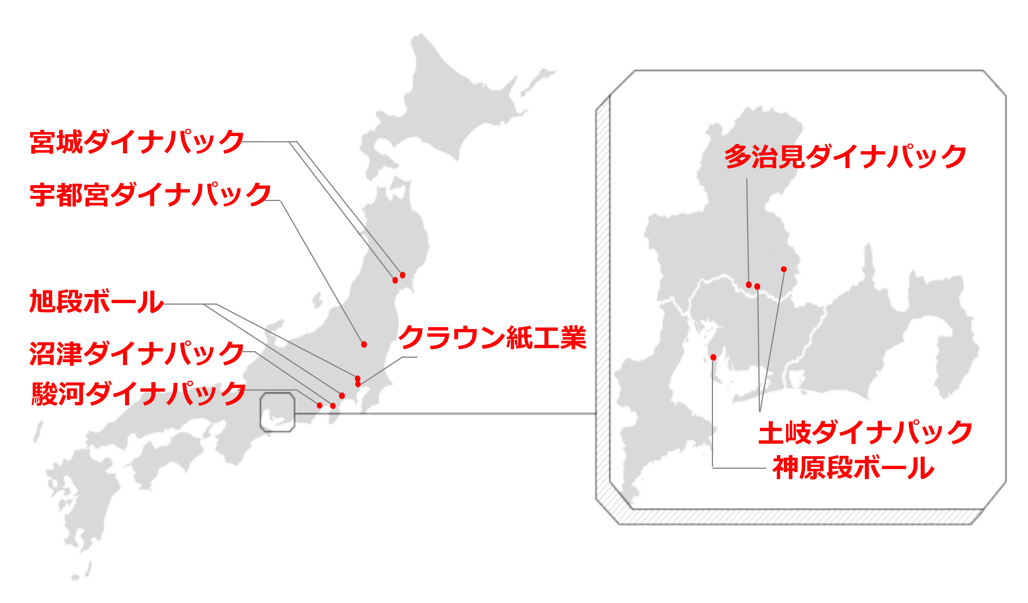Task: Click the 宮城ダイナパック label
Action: [136, 142]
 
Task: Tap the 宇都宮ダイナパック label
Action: [150, 195]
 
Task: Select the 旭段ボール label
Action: [96, 302]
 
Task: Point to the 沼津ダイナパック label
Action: [136, 353]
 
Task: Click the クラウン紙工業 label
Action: [492, 338]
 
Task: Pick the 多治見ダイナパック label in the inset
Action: [845, 157]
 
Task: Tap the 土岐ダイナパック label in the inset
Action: [865, 433]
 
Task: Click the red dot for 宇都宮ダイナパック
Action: [364, 344]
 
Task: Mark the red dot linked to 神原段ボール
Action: [713, 357]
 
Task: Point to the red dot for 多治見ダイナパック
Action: [748, 284]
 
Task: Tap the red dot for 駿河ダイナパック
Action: [319, 405]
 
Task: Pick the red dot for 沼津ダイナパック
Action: [333, 406]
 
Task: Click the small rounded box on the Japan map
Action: [277, 412]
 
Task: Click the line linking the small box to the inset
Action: [444, 414]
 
